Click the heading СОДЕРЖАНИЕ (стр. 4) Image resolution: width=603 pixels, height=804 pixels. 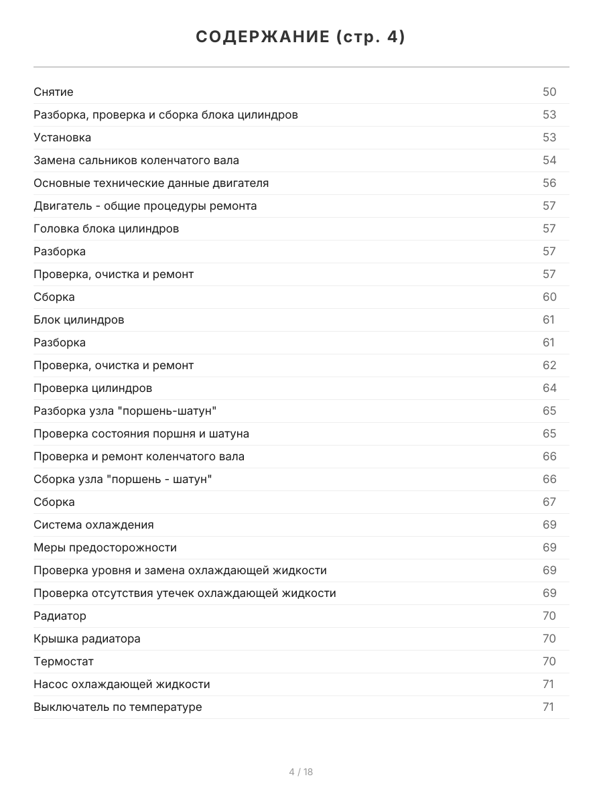[301, 38]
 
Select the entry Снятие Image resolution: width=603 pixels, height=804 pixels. [54, 92]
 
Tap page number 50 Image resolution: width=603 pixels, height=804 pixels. [549, 92]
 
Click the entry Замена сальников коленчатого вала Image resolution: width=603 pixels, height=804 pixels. [136, 160]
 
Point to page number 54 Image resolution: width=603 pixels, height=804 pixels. [549, 160]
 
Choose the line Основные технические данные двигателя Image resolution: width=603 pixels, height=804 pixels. [151, 183]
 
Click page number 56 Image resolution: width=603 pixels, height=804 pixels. [549, 183]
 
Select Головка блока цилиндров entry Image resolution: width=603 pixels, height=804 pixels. [106, 228]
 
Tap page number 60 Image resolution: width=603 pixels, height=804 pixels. [549, 297]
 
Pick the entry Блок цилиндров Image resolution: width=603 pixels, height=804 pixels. [78, 320]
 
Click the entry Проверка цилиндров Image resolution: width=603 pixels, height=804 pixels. [92, 388]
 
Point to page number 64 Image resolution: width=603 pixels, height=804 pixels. [549, 388]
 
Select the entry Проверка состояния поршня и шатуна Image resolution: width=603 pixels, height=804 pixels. [141, 433]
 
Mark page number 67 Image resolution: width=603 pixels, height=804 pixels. [549, 502]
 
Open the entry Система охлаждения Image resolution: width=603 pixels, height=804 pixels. [93, 525]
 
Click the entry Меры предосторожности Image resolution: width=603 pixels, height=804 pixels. [105, 547]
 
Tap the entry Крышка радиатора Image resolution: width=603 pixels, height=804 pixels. [87, 639]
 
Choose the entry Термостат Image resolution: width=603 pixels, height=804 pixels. [64, 661]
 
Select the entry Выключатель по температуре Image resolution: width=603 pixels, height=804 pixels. [117, 707]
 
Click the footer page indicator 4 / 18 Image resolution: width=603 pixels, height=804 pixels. [301, 772]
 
